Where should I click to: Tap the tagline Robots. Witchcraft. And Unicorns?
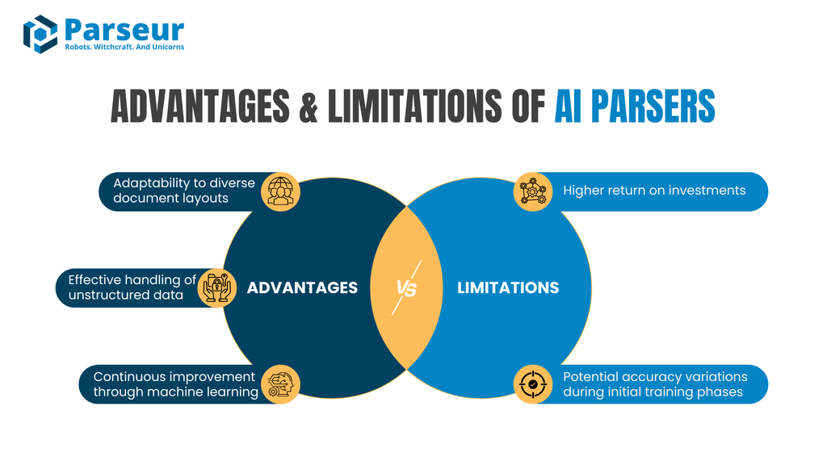click(124, 47)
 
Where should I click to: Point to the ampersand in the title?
click(308, 107)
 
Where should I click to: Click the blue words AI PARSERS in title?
click(634, 107)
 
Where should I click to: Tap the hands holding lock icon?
click(216, 288)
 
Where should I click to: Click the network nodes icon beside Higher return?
click(533, 192)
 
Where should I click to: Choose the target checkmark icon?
click(533, 384)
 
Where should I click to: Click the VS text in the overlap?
click(407, 288)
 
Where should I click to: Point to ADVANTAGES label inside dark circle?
click(302, 288)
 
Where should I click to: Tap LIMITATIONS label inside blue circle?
click(508, 288)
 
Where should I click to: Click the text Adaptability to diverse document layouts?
click(183, 191)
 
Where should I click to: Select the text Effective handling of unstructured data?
click(132, 287)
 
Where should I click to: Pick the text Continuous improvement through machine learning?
click(175, 384)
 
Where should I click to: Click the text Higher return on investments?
click(654, 191)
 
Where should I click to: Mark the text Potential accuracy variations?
click(655, 377)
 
